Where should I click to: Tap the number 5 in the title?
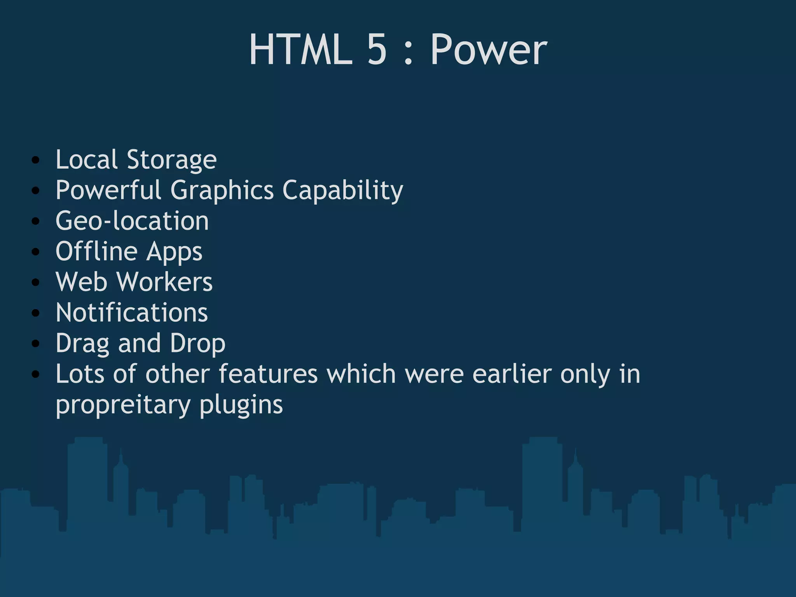pos(377,49)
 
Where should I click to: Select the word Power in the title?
pos(489,50)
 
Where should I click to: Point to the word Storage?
pos(171,160)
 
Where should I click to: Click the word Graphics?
pos(222,190)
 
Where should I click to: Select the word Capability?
pos(342,190)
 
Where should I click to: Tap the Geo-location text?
pos(132,221)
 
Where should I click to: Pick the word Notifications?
pos(132,312)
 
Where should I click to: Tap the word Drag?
pos(82,344)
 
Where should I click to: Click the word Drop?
pos(197,344)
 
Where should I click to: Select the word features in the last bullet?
pos(268,374)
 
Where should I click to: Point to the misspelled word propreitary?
pos(123,405)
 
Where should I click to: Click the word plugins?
pos(241,405)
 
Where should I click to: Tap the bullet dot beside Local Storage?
pos(36,160)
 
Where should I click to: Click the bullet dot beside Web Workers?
pos(36,283)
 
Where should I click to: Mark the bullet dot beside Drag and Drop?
pos(36,344)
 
